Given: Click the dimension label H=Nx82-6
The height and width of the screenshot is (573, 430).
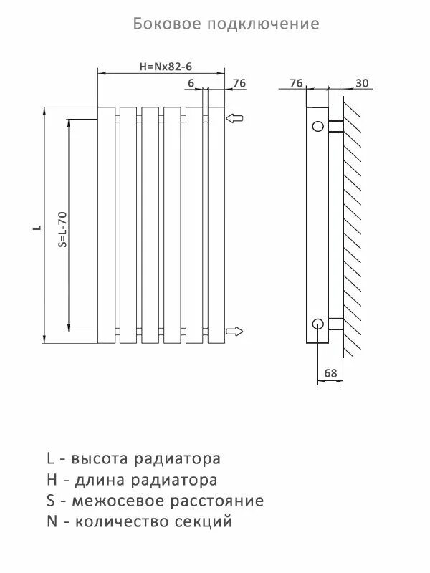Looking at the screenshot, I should (166, 67).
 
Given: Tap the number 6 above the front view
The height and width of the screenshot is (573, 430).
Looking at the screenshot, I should (191, 84).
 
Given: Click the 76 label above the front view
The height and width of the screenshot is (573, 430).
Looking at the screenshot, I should (239, 83).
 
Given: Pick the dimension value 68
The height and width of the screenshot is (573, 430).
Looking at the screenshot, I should (330, 373).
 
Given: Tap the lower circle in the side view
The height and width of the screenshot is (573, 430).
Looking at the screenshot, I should (317, 323).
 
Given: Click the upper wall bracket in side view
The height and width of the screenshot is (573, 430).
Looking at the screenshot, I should (335, 127).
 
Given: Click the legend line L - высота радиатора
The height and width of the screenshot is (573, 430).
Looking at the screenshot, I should (133, 458).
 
